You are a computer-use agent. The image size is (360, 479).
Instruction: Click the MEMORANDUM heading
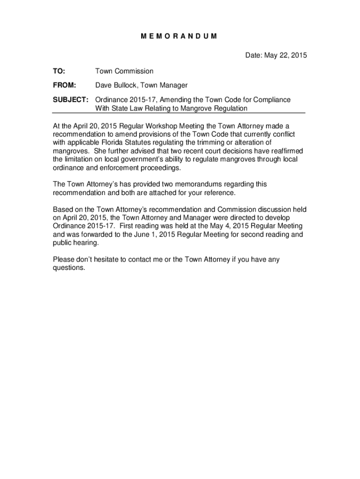pos(179,36)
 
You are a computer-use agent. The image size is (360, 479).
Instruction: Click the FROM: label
pos(64,86)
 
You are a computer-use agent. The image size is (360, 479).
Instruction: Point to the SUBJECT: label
pos(71,100)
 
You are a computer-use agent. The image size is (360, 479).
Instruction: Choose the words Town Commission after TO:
pos(124,71)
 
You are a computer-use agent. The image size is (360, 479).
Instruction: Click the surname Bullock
pos(130,86)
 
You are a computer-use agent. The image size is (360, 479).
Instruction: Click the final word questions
pos(69,268)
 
